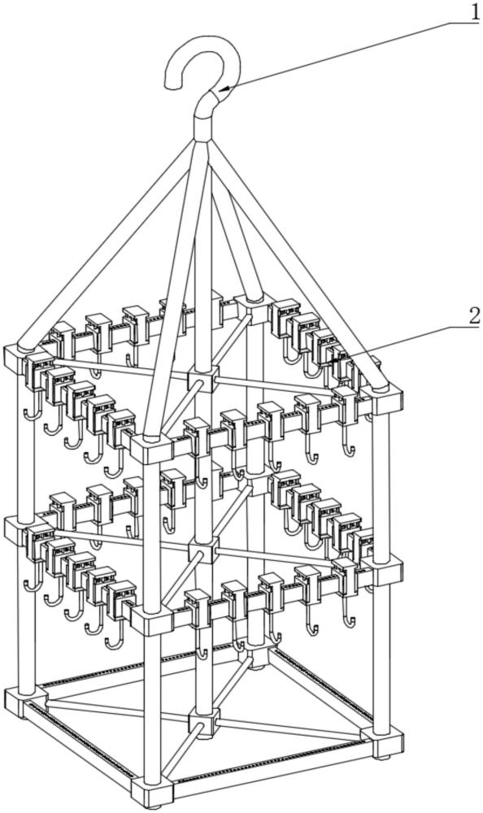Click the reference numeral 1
tap(474, 11)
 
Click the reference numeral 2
tap(474, 315)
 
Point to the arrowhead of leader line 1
tap(224, 89)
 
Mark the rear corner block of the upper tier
tap(249, 308)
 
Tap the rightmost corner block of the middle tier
tap(386, 571)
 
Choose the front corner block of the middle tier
tap(151, 619)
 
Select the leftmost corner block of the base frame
tap(20, 700)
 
